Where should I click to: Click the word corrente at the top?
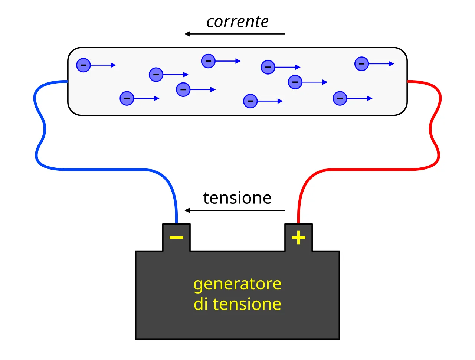(x=237, y=22)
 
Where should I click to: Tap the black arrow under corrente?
(x=235, y=34)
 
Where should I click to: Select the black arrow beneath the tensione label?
(x=235, y=210)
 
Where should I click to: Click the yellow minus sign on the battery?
(x=176, y=238)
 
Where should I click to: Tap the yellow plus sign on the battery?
(x=298, y=238)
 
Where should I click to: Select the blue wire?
(x=104, y=169)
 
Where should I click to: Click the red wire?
(x=368, y=169)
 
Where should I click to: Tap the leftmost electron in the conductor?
(x=83, y=65)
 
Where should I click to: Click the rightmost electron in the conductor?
(x=361, y=64)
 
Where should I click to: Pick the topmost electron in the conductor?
(x=208, y=61)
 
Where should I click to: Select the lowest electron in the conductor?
(x=250, y=101)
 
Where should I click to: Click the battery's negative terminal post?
(x=176, y=237)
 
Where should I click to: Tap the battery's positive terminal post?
(x=298, y=237)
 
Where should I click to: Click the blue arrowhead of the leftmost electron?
(x=113, y=65)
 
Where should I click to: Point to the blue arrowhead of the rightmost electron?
(x=391, y=64)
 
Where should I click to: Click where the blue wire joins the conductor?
(x=68, y=82)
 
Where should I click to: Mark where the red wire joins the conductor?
(x=407, y=82)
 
